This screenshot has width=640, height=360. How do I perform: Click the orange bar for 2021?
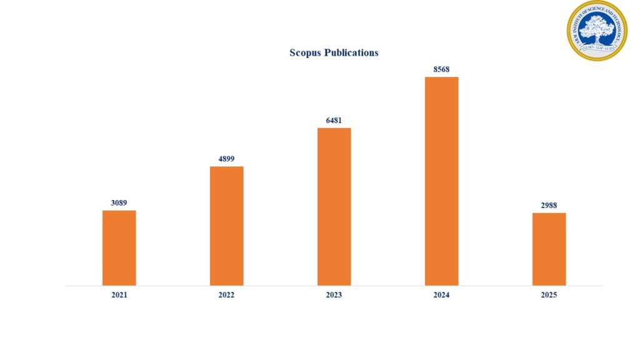coord(119,248)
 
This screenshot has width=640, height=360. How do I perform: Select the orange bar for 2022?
coord(226,226)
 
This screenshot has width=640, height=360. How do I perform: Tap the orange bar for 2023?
coord(334,207)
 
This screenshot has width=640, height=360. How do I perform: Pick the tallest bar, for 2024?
coord(441,181)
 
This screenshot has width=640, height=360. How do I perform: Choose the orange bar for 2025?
coord(549,249)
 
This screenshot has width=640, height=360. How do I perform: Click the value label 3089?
coord(119,202)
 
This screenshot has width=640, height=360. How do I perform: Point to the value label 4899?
coord(226,159)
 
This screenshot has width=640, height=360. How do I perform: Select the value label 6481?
coord(334,120)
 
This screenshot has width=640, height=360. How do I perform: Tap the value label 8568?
coord(441,69)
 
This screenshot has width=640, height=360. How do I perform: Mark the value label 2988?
coord(549,205)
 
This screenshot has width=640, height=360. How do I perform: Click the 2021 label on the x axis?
coord(119,295)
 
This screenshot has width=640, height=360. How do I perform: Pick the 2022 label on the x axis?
coord(226,295)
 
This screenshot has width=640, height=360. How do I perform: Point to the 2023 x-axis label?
coord(334,295)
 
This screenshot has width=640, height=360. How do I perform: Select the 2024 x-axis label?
coord(441,295)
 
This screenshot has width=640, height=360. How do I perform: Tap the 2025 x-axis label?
coord(549,295)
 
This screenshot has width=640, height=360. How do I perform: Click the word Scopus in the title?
coord(306,53)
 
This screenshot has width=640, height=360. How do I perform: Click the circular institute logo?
coord(597,31)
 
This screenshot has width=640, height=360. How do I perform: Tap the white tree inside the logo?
coord(597,27)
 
